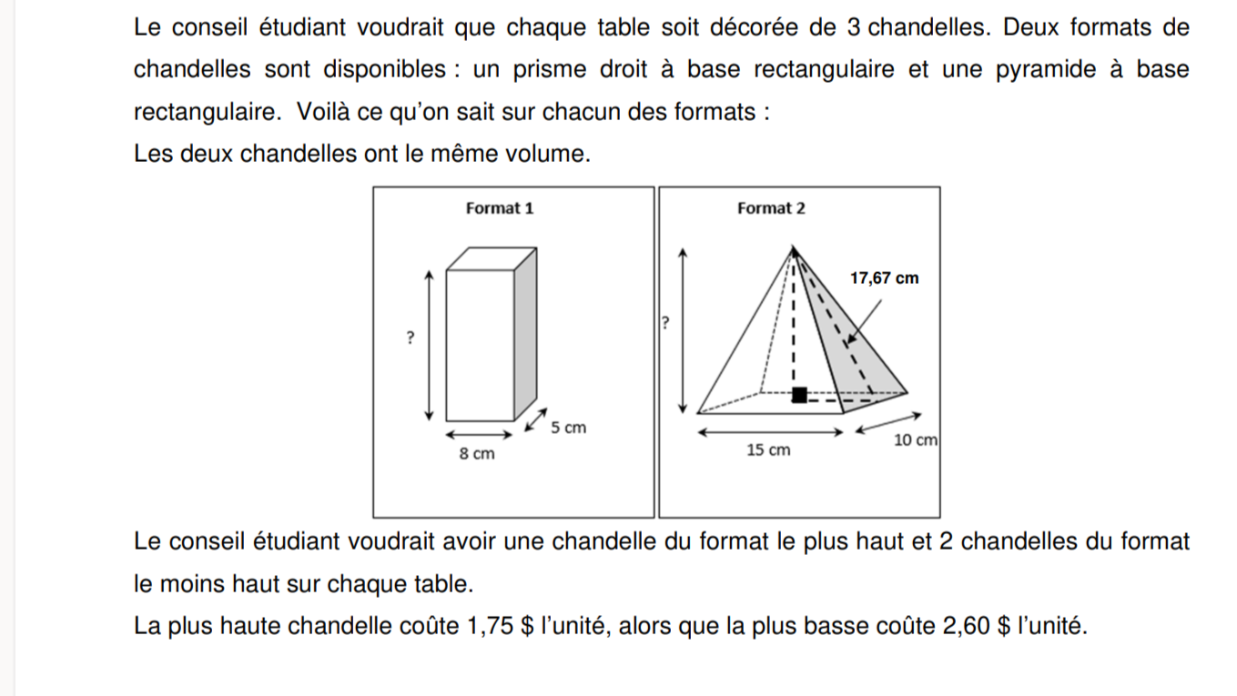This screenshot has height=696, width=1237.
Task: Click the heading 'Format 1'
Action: click(499, 208)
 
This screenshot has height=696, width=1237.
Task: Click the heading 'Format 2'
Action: click(771, 208)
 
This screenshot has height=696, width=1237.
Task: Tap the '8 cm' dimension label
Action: click(477, 453)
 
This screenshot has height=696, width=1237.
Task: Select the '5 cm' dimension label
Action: click(569, 427)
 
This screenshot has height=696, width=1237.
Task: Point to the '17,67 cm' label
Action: click(884, 278)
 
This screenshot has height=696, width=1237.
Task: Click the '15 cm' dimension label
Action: click(768, 450)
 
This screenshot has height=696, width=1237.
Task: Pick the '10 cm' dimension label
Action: click(915, 440)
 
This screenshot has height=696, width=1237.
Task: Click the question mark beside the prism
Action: click(411, 338)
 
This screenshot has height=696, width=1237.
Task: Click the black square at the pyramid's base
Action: click(799, 394)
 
